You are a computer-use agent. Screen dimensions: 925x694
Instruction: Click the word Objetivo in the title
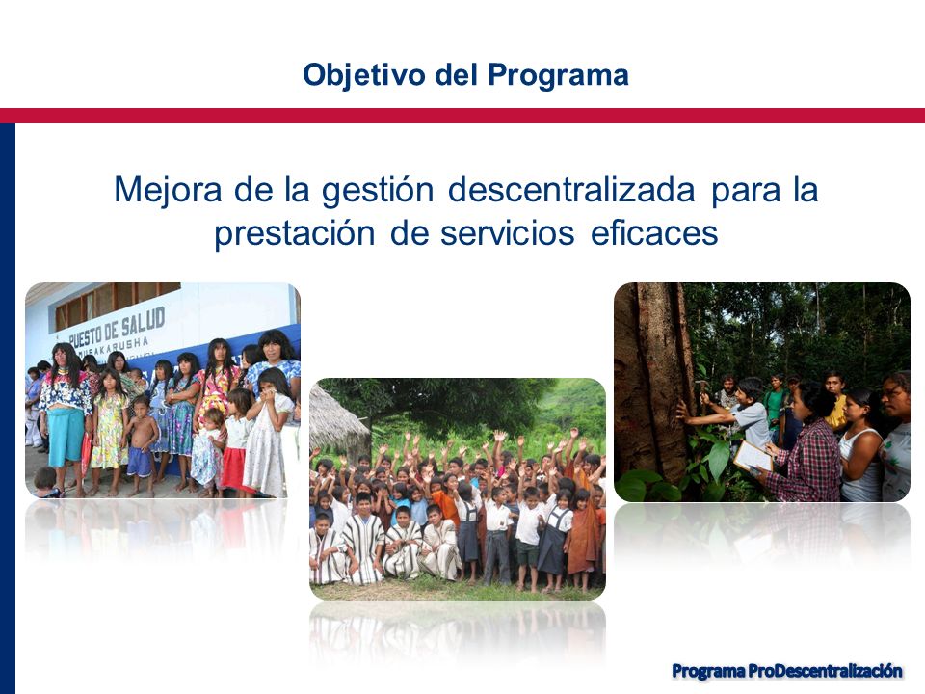[x=364, y=75]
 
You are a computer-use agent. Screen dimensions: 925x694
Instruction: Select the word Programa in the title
[x=558, y=75]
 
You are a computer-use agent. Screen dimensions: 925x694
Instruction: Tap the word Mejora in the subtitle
[x=168, y=190]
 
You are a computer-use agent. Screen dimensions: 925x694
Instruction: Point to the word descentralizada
[x=571, y=190]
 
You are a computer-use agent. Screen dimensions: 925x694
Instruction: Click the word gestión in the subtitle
[x=378, y=191]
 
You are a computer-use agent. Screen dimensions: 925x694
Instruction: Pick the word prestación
[x=295, y=233]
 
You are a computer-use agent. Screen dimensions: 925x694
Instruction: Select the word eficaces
[x=654, y=232]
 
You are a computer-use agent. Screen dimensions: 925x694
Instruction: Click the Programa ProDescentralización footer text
[x=787, y=671]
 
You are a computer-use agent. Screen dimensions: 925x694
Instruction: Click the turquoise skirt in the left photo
[x=66, y=436]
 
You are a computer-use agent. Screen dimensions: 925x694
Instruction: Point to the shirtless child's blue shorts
[x=140, y=462]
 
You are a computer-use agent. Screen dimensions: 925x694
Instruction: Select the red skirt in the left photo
[x=235, y=469]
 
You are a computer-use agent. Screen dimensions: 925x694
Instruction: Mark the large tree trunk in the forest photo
[x=656, y=384]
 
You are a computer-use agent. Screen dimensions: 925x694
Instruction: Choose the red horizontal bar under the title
[x=462, y=116]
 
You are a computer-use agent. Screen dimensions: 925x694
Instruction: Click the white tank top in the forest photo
[x=861, y=467]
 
